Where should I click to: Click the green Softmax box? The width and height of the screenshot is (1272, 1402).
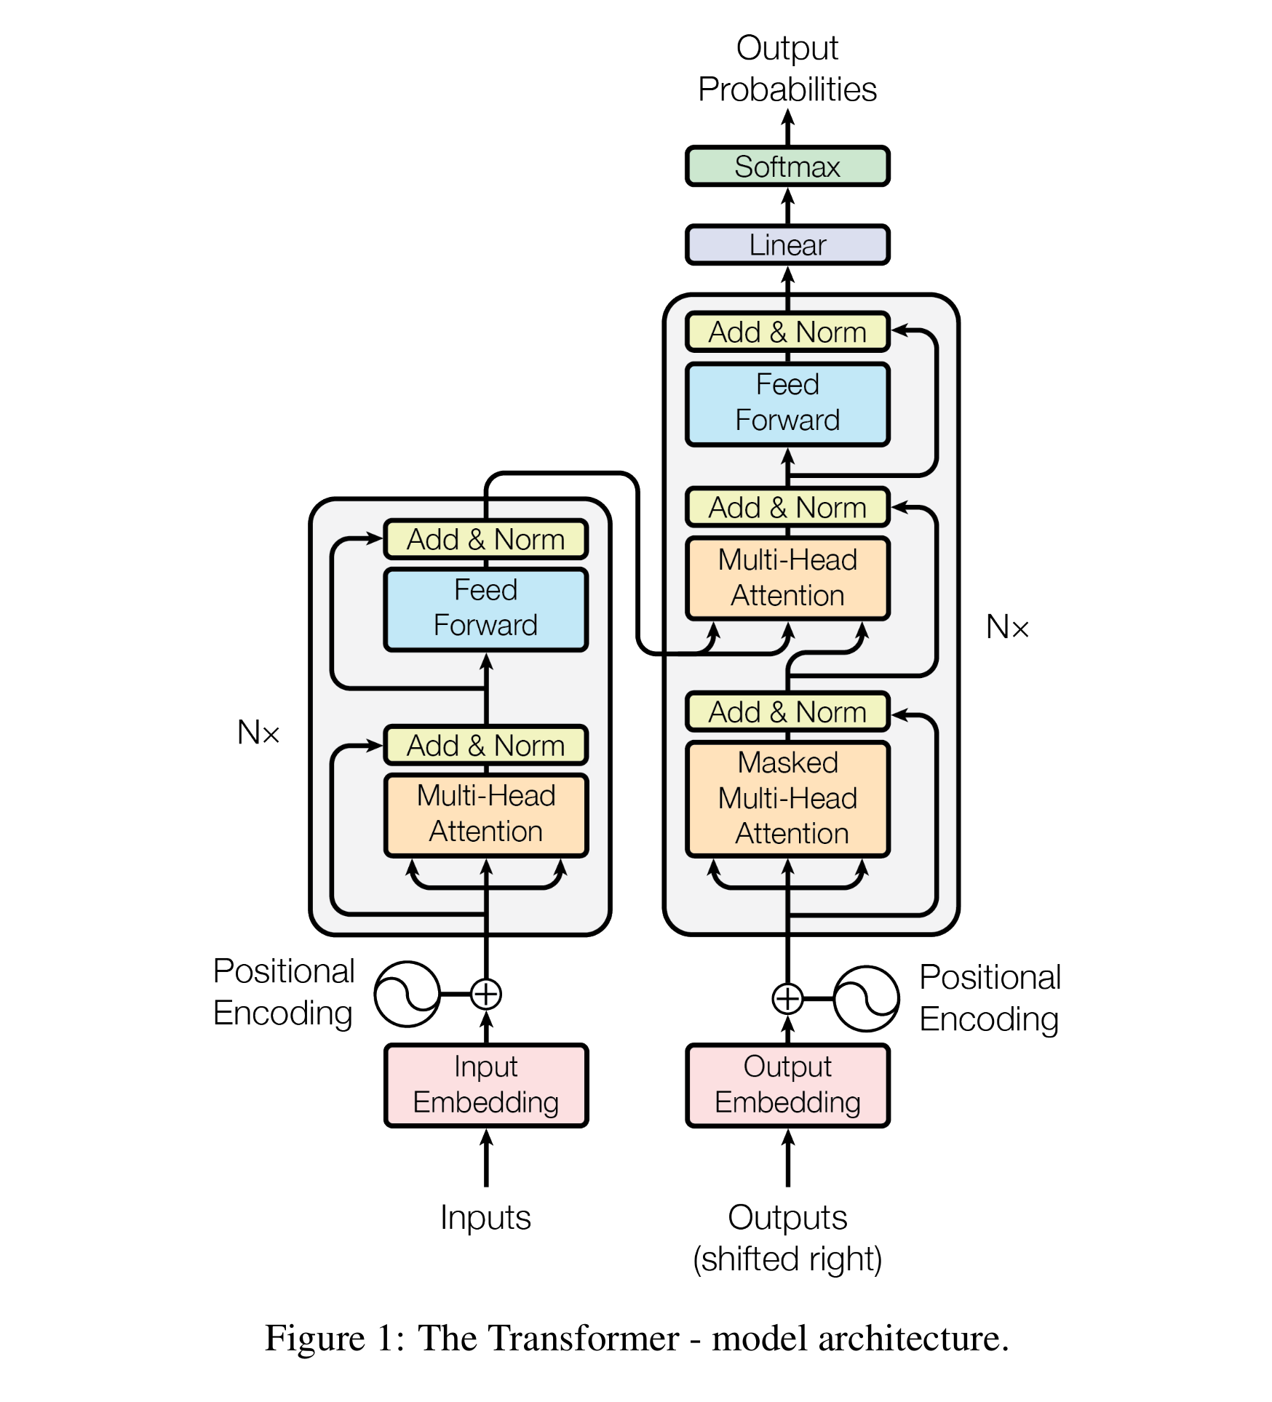click(x=787, y=167)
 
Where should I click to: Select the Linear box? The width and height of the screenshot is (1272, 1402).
click(x=787, y=245)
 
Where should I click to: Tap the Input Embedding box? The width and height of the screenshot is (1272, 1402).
click(x=486, y=1085)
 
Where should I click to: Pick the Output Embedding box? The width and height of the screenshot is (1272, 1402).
click(x=787, y=1085)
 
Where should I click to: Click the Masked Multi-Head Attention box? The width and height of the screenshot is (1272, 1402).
click(x=787, y=798)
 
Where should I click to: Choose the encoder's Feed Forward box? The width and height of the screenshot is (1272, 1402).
click(x=486, y=608)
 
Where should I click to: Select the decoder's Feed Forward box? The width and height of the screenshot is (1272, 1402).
click(x=787, y=403)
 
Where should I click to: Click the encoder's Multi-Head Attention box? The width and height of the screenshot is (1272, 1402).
click(x=486, y=814)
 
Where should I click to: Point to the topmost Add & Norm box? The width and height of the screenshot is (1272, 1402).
click(x=787, y=332)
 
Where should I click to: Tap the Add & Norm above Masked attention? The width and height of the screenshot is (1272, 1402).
click(x=787, y=712)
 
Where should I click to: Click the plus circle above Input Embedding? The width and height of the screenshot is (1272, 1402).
click(x=486, y=994)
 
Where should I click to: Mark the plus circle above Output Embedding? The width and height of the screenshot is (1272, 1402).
click(x=787, y=998)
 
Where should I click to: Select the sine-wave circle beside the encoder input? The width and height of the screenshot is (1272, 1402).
click(x=408, y=994)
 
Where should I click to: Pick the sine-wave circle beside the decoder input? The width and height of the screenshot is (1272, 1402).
click(x=866, y=998)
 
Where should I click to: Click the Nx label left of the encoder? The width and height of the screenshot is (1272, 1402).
click(x=258, y=732)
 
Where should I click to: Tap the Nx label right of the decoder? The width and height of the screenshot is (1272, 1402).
click(x=1007, y=627)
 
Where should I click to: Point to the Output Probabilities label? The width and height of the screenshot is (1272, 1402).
click(x=787, y=68)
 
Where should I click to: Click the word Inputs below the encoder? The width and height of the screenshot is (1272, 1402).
click(x=486, y=1218)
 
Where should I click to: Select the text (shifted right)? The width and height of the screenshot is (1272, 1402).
click(x=787, y=1259)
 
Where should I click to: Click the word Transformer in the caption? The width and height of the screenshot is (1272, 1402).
click(x=548, y=1339)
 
